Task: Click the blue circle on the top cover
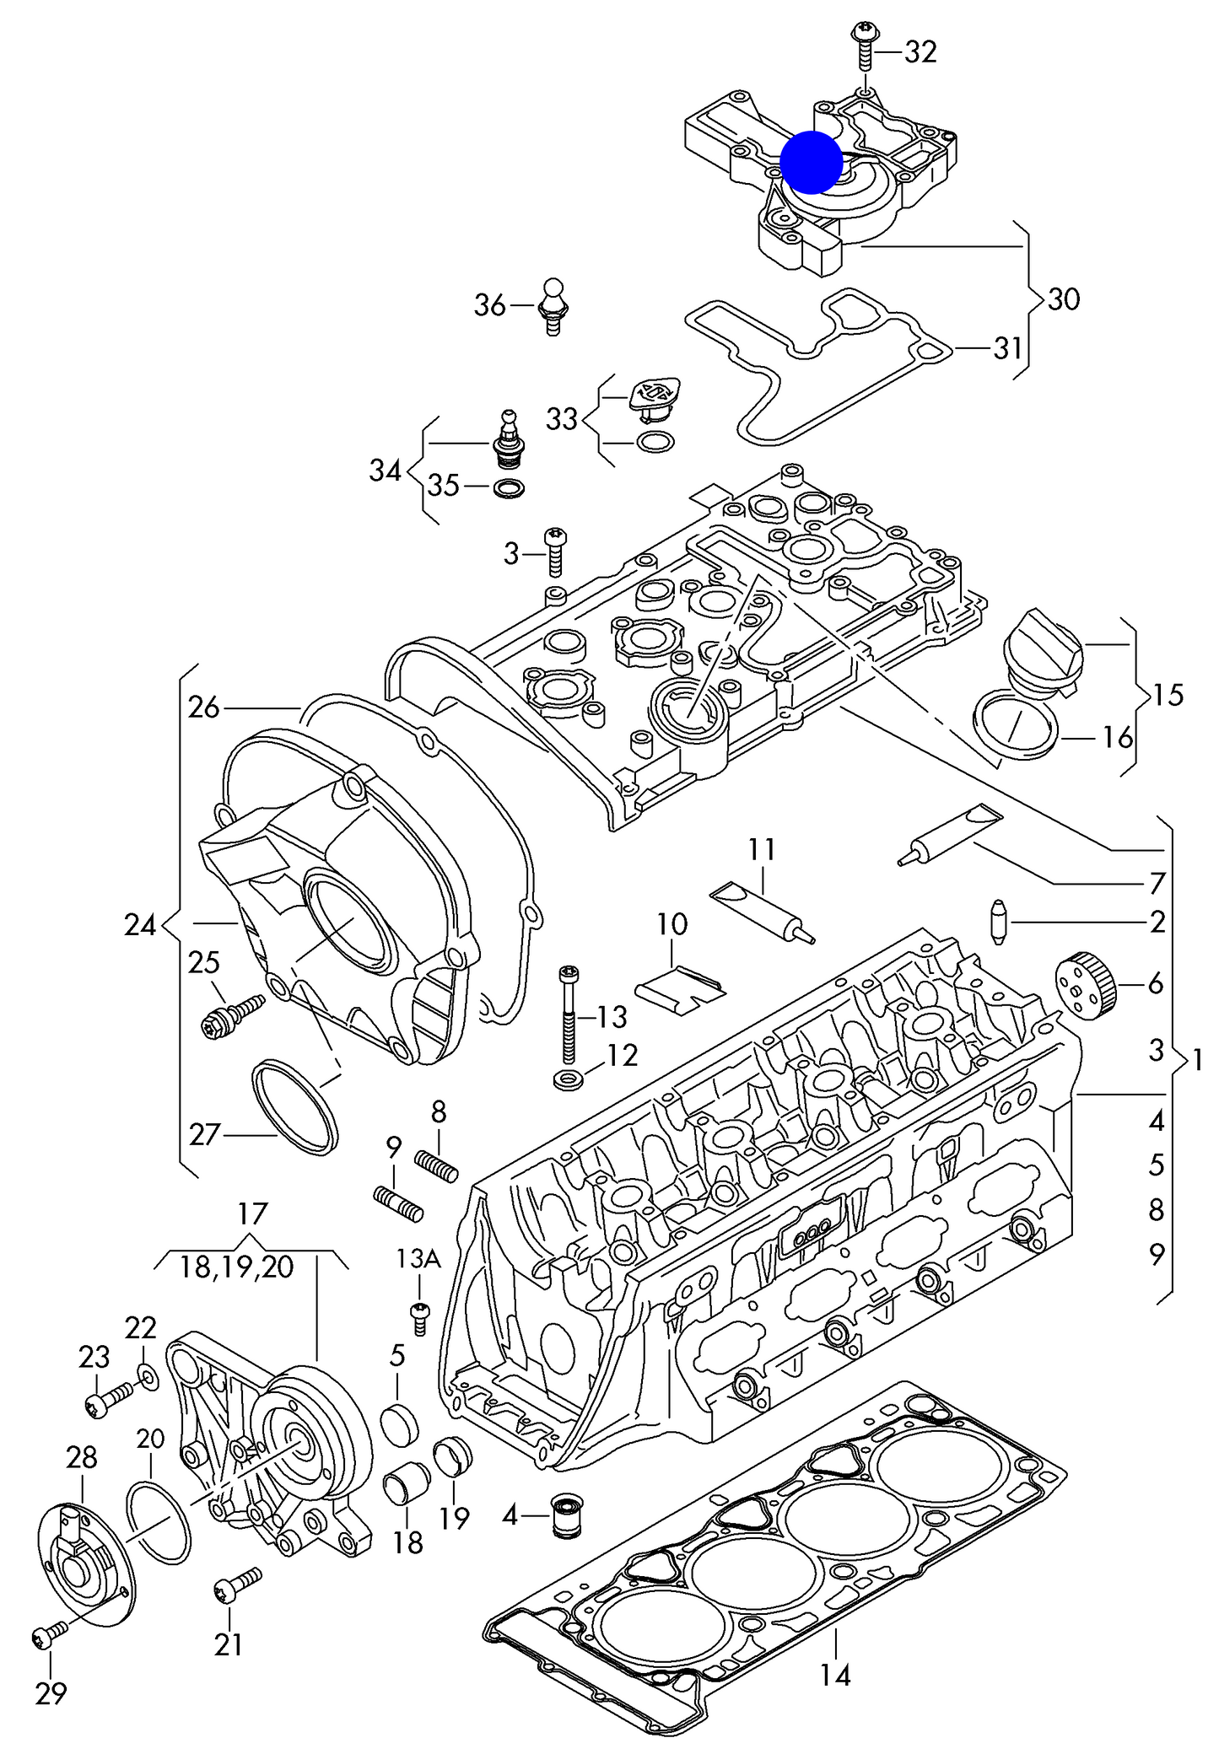coord(811,162)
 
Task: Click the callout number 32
coord(920,52)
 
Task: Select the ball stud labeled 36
coord(553,306)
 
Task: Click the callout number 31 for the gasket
coord(1007,347)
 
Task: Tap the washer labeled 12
coord(564,1079)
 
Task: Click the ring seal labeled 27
coord(295,1106)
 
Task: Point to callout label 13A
coord(419,1259)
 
